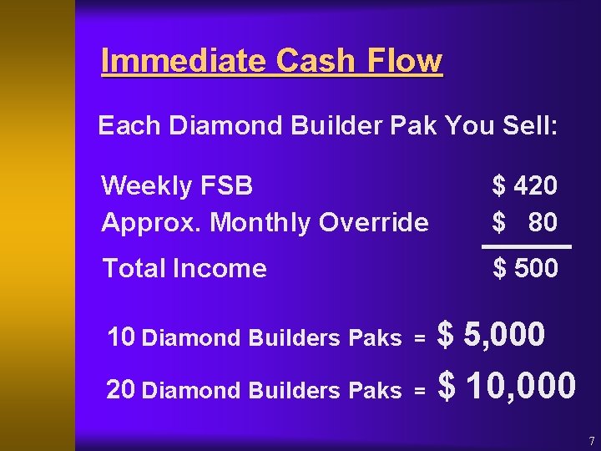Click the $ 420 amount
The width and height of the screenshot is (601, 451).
(525, 185)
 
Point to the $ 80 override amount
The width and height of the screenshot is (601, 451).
(525, 222)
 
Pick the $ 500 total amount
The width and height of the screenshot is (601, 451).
(525, 268)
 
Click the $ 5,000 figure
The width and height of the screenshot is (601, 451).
(492, 336)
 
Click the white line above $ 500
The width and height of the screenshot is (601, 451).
(527, 247)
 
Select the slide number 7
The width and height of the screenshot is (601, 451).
(591, 440)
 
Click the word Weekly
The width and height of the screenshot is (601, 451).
(146, 185)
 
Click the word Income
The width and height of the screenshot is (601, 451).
(219, 268)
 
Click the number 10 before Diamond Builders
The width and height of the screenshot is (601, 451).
(122, 337)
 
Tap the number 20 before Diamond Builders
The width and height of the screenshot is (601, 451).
(122, 389)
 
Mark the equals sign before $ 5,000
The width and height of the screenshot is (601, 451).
(420, 338)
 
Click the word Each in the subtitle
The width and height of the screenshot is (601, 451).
(129, 126)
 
